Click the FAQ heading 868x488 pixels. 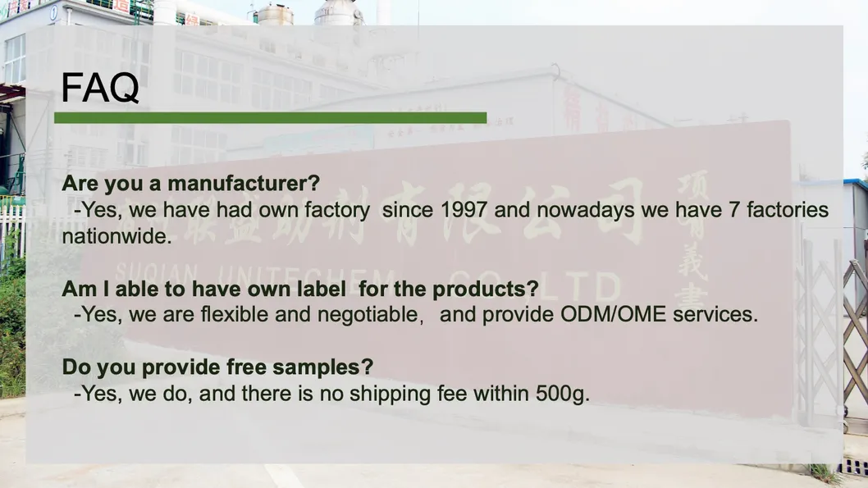coord(100,88)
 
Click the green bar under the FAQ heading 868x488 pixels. coord(270,118)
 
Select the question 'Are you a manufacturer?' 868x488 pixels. coord(191,183)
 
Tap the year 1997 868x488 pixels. coord(464,210)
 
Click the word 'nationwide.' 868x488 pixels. coord(116,236)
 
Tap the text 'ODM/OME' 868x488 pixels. coord(614,314)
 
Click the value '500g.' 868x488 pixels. coord(563,394)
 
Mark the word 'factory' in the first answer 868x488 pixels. coord(337,211)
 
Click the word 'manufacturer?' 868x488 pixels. coord(244,183)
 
